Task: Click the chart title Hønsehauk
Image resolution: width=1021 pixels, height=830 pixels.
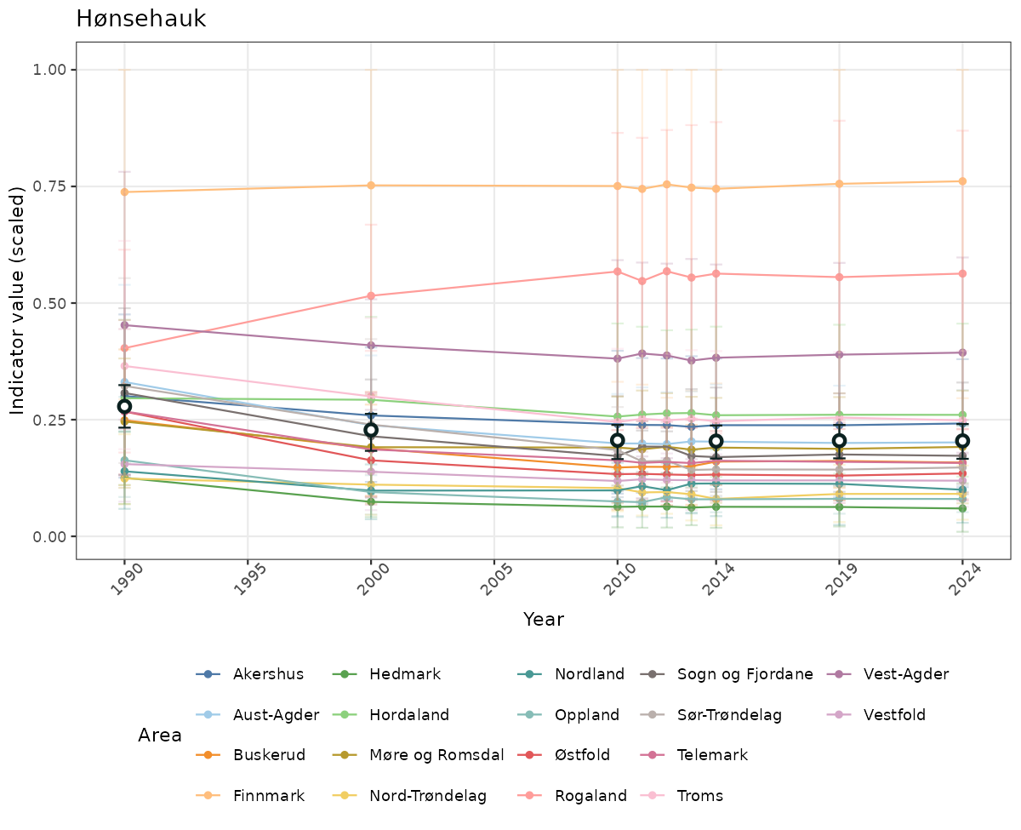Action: [x=140, y=19]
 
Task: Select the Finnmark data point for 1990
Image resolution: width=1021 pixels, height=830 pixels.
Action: [x=124, y=192]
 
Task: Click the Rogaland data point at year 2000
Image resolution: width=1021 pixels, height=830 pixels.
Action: [x=371, y=295]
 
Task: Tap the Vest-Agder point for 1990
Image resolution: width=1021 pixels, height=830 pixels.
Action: [x=124, y=325]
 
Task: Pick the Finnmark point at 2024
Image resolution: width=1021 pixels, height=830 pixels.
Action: [x=962, y=181]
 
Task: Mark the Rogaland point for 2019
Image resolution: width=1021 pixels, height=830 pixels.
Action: [x=839, y=277]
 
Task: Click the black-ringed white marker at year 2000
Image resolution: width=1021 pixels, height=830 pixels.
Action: [x=371, y=430]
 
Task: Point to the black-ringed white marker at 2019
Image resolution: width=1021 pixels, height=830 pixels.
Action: [x=839, y=440]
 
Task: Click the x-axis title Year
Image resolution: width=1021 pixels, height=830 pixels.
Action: [x=544, y=620]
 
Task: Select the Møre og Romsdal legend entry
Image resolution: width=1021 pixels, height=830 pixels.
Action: [x=436, y=755]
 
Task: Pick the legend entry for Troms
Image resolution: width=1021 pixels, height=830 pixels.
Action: [x=699, y=796]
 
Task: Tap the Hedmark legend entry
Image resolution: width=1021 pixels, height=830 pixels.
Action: [x=405, y=674]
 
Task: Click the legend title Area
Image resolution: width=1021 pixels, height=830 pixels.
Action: [x=160, y=736]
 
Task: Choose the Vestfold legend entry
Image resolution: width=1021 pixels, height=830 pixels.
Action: [x=894, y=714]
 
